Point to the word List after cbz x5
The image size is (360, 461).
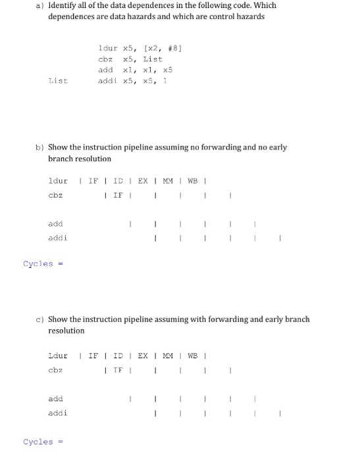(x=153, y=59)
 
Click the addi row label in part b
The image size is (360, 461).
(x=57, y=238)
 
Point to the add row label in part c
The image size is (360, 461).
(x=55, y=399)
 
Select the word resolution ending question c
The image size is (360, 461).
(x=66, y=331)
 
